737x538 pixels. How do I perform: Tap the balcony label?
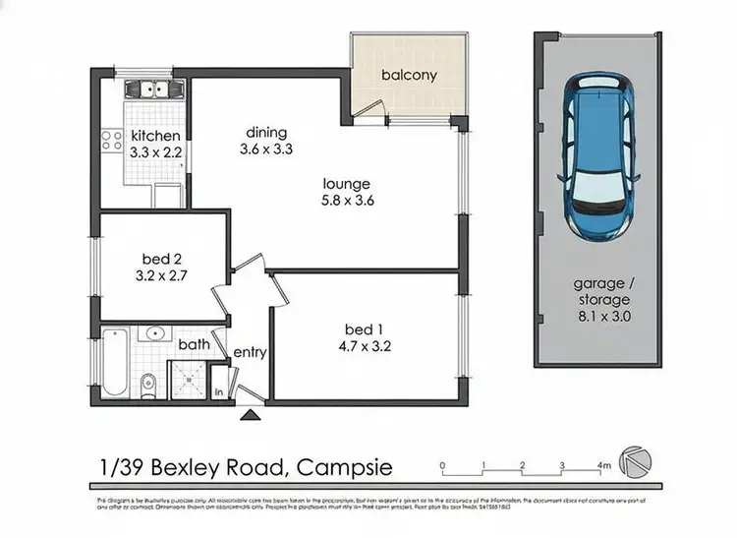click(409, 75)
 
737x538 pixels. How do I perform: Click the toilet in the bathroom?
click(147, 383)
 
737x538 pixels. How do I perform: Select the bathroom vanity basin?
click(155, 334)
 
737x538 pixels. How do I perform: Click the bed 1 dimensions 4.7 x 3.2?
click(366, 345)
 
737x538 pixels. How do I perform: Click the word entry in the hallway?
click(250, 352)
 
